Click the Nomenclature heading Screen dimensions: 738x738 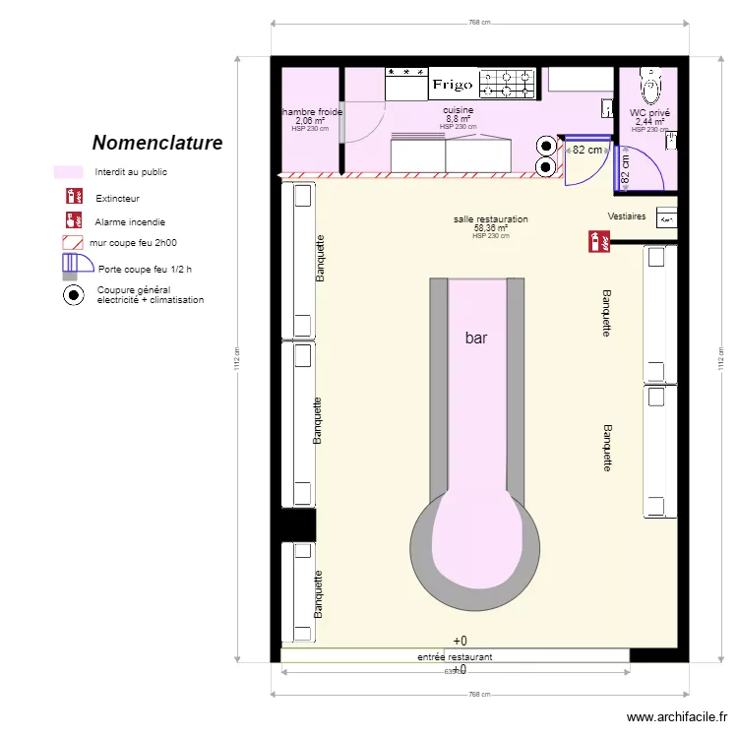coord(157,143)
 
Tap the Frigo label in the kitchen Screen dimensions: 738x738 coord(452,86)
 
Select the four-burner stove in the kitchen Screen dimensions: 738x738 coord(507,83)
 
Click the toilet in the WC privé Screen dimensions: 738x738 coord(650,87)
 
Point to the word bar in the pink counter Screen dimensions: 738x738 coord(476,338)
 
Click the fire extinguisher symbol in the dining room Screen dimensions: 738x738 coord(594,239)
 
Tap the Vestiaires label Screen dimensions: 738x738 coord(627,216)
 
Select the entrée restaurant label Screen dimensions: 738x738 coord(455,656)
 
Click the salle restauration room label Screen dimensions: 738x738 coord(491,219)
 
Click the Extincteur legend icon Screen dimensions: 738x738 coord(72,198)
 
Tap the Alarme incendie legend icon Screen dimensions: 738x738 coord(72,221)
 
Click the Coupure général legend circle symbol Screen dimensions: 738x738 coord(74,293)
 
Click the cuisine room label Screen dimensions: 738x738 coord(458,110)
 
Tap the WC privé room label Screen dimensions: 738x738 coord(649,113)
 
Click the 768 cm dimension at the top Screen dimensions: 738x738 coord(478,22)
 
